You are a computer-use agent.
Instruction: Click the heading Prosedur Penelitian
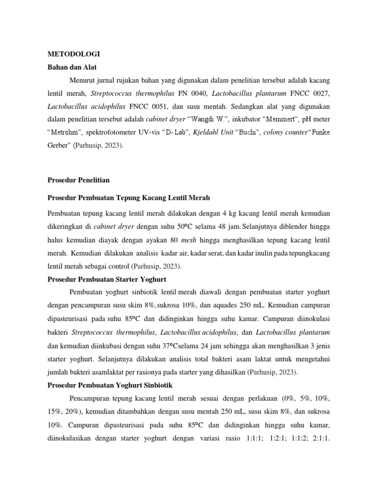[78, 180]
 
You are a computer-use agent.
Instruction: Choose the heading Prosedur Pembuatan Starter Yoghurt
[107, 279]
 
